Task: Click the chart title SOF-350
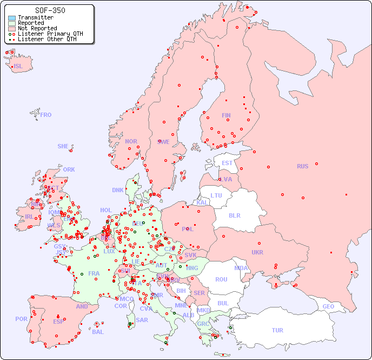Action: [50, 10]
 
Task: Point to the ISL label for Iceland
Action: [18, 67]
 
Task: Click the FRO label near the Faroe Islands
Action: [46, 115]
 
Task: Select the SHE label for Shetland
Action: [63, 146]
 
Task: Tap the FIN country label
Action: [226, 115]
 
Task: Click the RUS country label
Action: [302, 166]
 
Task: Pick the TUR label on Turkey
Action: [277, 330]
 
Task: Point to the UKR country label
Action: [257, 252]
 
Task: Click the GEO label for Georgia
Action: [328, 306]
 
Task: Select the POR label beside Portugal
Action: [21, 319]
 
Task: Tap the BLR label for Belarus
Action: [234, 215]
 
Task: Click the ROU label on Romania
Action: [221, 279]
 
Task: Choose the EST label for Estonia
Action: [227, 163]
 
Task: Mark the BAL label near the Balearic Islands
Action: [98, 332]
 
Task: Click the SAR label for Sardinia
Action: [142, 320]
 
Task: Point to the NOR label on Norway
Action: [131, 141]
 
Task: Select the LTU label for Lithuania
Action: [216, 195]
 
